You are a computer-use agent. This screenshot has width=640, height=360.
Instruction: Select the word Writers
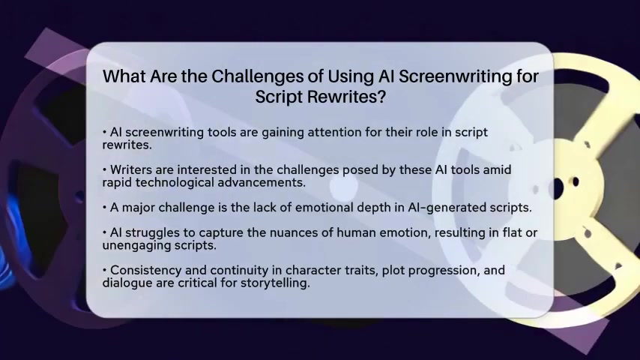click(x=133, y=169)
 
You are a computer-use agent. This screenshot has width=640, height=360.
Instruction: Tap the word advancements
click(x=262, y=183)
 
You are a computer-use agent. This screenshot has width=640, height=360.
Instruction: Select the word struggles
click(x=152, y=233)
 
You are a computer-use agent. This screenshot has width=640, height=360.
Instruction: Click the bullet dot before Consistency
click(x=104, y=271)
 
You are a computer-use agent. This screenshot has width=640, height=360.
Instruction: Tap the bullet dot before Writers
click(x=104, y=170)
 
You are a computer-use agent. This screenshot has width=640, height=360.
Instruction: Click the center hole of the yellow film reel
click(x=556, y=188)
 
